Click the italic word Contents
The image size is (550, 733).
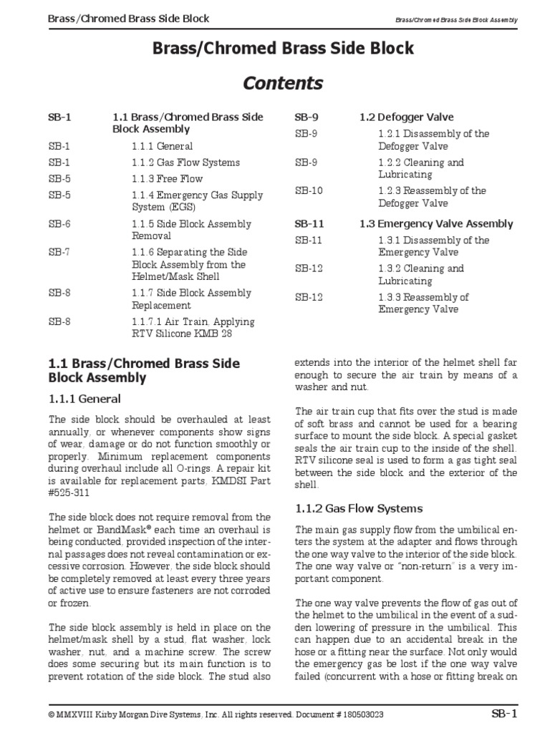[x=283, y=83]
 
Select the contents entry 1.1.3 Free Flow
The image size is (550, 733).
[x=167, y=179]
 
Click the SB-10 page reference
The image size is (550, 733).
[x=309, y=191]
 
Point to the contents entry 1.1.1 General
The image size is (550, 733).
[x=162, y=146]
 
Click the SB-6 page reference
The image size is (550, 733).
[x=59, y=224]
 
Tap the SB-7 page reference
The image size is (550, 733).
[x=59, y=253]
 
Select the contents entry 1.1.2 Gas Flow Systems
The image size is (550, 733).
[x=185, y=162]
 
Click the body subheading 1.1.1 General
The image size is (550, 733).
[x=85, y=399]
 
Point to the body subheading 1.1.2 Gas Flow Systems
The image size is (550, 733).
[x=349, y=508]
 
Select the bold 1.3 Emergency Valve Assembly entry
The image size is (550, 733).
[x=436, y=224]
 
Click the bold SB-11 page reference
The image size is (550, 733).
[x=309, y=224]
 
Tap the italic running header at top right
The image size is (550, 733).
[x=455, y=19]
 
